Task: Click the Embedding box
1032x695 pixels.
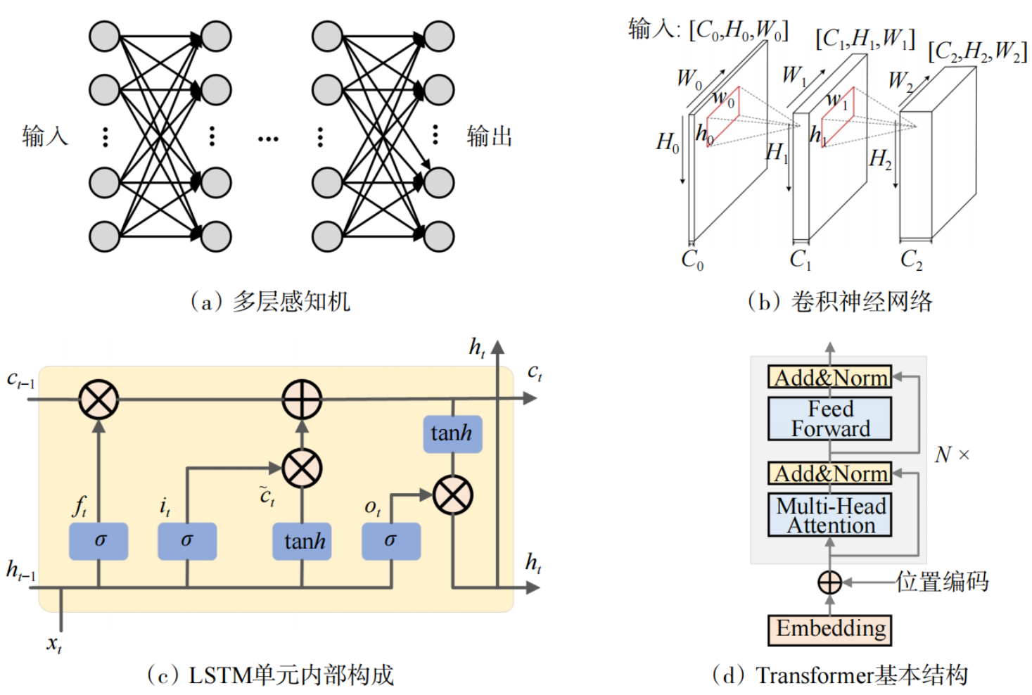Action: (829, 629)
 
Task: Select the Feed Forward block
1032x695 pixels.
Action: (829, 419)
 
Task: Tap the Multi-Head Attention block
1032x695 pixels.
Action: (829, 516)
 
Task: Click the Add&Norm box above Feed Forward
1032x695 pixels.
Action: (829, 378)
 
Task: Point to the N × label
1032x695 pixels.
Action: (952, 455)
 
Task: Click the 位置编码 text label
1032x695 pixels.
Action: (942, 582)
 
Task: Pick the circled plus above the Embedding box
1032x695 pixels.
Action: (829, 582)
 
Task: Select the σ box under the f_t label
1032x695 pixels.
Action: (98, 541)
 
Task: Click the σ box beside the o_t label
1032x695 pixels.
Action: (391, 541)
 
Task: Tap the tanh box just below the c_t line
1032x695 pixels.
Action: (452, 433)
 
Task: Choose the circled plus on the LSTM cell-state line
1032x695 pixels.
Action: (302, 400)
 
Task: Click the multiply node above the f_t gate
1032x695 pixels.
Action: (98, 400)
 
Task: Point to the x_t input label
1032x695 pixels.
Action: (54, 643)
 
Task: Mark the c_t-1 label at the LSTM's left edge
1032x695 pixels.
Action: (20, 381)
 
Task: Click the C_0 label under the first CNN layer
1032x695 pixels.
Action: (692, 260)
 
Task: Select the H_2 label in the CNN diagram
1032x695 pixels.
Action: (880, 160)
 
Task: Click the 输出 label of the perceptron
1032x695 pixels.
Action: (490, 136)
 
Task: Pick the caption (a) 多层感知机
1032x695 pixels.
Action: (270, 302)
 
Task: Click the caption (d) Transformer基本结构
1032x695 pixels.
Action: (840, 675)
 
